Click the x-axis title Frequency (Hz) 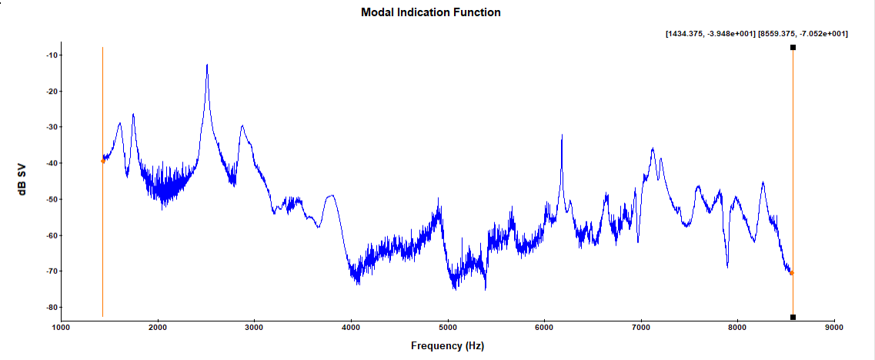point(447,346)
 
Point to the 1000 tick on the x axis point(61,328)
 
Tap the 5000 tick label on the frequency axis point(448,328)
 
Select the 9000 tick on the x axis point(834,328)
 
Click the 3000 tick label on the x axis point(254,328)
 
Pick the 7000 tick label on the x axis point(641,328)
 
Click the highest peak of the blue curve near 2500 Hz point(207,65)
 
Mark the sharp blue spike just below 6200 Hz point(562,135)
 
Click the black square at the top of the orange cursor point(793,48)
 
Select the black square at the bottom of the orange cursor point(793,317)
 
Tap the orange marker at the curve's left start point(102,161)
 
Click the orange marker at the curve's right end point(792,272)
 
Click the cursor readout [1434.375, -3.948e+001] point(710,34)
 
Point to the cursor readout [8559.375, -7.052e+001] point(803,34)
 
